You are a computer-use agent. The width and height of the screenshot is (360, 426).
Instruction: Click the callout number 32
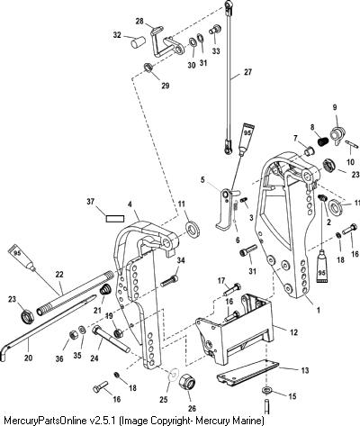[117, 35]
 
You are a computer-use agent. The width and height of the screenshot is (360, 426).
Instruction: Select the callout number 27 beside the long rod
[247, 72]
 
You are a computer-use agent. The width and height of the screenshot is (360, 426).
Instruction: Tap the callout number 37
[91, 202]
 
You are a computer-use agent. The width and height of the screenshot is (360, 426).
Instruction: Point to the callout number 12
[293, 332]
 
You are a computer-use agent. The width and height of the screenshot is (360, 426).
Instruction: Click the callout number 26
[192, 408]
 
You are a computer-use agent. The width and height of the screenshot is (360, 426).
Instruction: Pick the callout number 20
[28, 358]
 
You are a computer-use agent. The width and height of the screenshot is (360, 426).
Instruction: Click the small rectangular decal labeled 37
[114, 218]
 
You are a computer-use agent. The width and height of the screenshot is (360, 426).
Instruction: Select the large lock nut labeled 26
[188, 383]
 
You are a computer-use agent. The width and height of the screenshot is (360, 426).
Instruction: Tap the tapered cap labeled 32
[138, 42]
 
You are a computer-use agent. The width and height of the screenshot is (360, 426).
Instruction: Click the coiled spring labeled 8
[323, 140]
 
